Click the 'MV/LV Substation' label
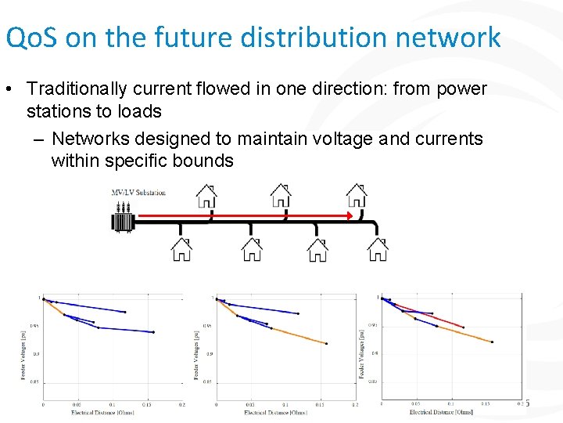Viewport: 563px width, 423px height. [138, 192]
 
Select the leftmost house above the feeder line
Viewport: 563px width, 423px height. [206, 194]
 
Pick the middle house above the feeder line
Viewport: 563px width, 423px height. [281, 194]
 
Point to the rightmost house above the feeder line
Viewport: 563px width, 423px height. [357, 194]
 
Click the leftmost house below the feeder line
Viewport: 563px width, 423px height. [181, 249]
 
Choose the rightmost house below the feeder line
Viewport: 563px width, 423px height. [378, 249]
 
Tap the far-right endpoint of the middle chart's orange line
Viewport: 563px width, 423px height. [326, 343]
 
